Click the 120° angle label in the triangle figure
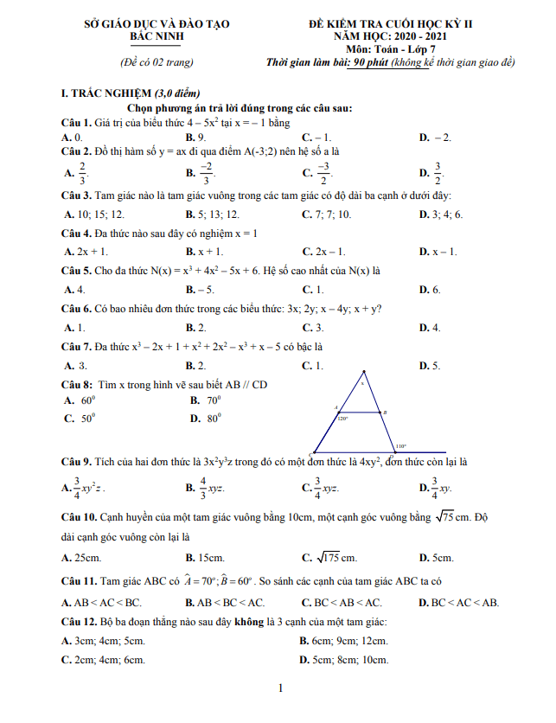coord(343,418)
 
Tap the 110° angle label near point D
coord(401,446)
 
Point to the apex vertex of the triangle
coord(363,374)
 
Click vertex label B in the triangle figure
coord(385,413)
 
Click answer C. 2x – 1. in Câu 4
coord(324,252)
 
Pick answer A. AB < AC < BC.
coord(102,602)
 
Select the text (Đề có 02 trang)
coord(157,61)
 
